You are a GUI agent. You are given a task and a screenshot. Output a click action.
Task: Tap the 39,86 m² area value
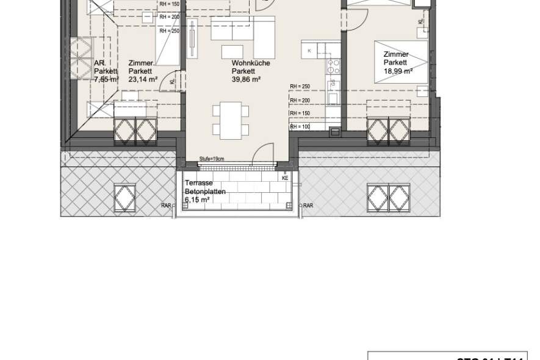[x=247, y=79]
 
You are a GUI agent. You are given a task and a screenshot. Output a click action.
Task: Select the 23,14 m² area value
[x=143, y=79]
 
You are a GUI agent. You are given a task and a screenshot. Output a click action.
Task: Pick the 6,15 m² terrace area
[x=198, y=200]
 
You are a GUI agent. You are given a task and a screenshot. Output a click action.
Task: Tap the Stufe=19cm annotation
[x=212, y=159]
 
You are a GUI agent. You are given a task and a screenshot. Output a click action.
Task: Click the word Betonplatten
[x=206, y=191]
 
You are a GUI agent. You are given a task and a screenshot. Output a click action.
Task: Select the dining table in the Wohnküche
[x=230, y=120]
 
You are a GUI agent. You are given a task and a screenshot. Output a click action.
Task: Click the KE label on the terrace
[x=285, y=178]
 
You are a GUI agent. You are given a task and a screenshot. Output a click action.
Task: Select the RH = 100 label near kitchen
[x=300, y=127]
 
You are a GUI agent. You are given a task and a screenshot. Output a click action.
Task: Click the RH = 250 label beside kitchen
[x=300, y=87]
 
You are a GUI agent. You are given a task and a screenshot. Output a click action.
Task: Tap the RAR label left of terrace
[x=166, y=206]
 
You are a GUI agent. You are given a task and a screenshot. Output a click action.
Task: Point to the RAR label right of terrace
[x=308, y=206]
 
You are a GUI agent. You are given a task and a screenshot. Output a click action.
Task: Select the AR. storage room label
[x=99, y=63]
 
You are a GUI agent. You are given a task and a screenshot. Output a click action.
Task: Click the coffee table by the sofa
[x=231, y=51]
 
